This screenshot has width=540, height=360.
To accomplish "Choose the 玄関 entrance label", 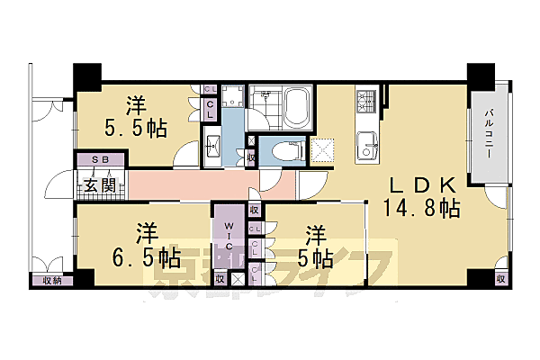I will point(98,186).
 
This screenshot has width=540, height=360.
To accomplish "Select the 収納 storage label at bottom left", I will point(50,280).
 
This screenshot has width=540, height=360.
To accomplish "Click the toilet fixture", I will point(282,151).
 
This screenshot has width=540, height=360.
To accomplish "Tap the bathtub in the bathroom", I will point(294,108).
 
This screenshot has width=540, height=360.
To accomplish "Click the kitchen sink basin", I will point(367,144).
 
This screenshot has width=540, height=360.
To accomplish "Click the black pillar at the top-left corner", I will point(87,76).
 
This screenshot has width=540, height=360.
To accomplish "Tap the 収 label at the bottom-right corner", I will point(499,280).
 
